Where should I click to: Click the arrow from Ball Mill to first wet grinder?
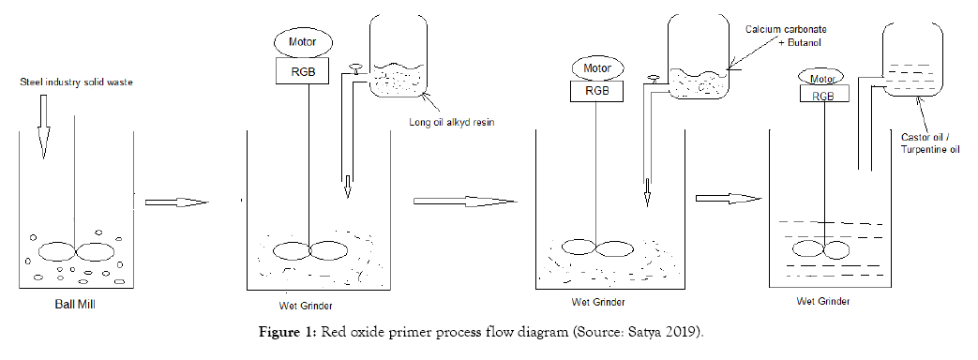coord(176,202)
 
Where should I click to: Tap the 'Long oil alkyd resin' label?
coord(452,122)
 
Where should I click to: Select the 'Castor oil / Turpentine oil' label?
coord(930,142)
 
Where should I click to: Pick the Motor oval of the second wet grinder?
coord(597,68)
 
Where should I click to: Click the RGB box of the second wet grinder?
coord(597,91)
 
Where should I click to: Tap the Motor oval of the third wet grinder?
coord(821,78)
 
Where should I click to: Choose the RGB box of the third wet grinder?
coord(824,94)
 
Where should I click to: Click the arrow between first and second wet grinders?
coord(465,201)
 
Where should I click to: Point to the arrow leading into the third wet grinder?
coord(729,199)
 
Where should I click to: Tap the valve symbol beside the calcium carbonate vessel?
coord(654,79)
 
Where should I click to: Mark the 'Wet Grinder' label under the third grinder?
coord(822,301)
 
